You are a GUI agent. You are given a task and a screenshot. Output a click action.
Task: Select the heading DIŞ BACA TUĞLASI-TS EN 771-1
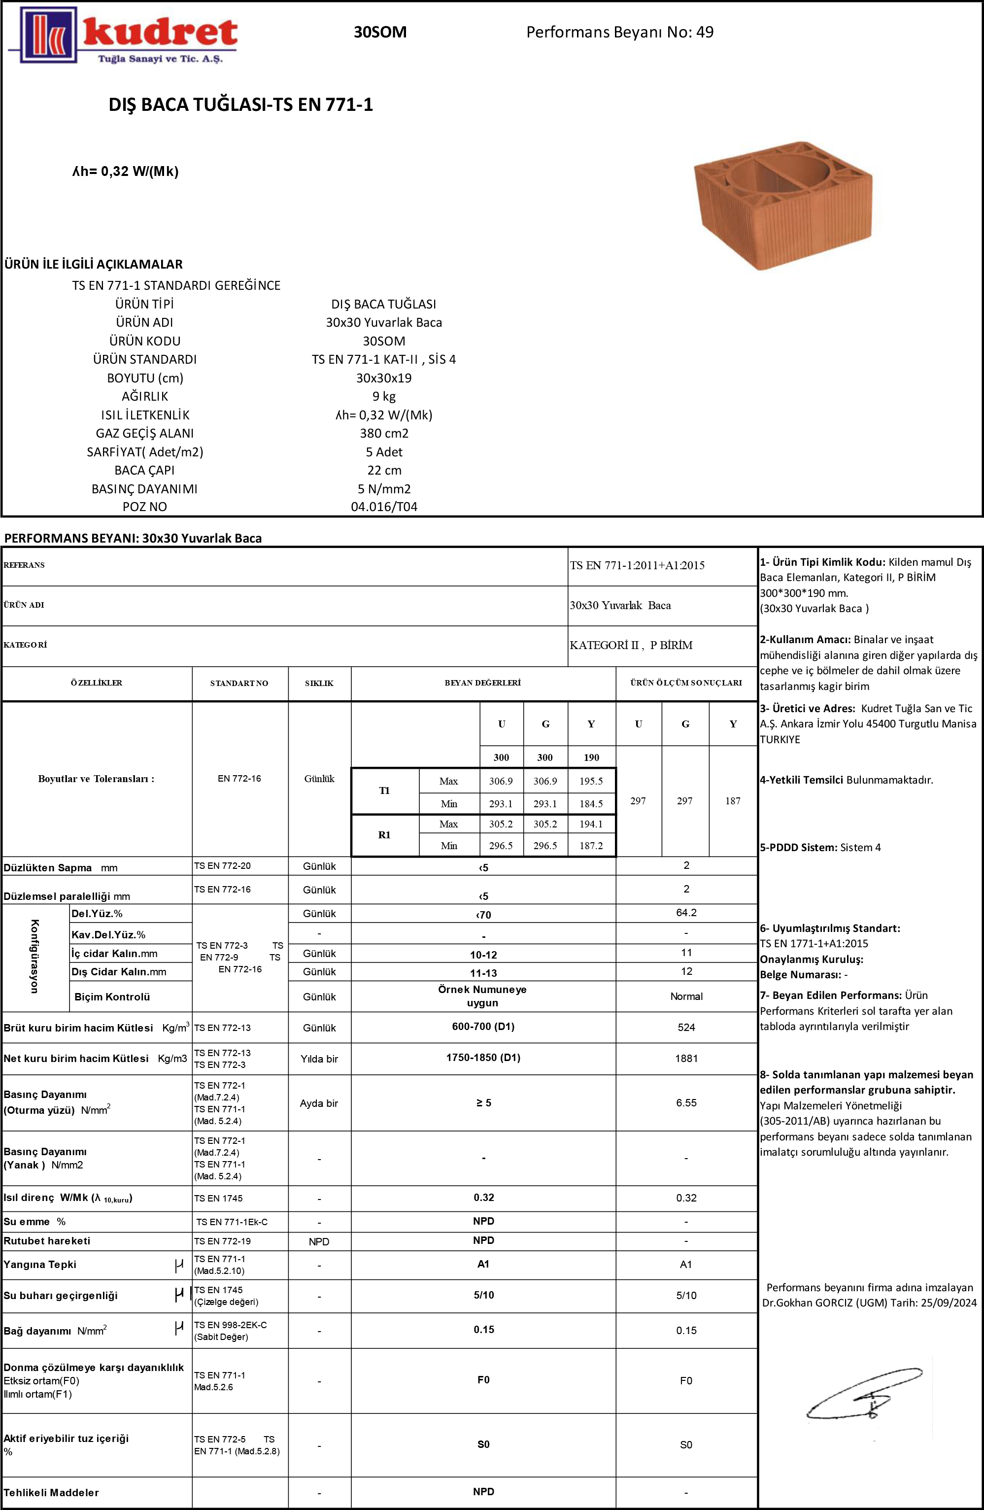(240, 104)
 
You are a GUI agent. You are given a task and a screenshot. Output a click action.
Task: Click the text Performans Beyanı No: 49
(619, 33)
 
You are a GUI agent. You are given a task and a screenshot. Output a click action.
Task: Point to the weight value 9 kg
(384, 397)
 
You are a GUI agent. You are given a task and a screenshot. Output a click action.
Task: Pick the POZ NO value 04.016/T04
(384, 507)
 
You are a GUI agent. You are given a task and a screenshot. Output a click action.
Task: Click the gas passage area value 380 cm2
(384, 433)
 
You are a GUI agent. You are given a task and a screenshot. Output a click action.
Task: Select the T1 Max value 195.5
(591, 782)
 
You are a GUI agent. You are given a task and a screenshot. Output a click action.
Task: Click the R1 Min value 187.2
(591, 846)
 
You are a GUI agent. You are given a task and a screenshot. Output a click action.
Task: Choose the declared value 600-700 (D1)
(483, 1027)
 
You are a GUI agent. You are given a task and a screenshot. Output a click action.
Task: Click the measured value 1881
(686, 1058)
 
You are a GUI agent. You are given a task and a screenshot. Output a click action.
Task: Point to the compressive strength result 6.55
(686, 1102)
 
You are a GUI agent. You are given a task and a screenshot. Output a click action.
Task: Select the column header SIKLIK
(319, 684)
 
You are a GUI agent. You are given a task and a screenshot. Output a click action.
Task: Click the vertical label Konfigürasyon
(35, 956)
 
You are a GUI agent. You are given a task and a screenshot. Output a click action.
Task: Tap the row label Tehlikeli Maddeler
(51, 1492)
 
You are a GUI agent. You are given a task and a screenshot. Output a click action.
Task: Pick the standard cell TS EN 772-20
(223, 865)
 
